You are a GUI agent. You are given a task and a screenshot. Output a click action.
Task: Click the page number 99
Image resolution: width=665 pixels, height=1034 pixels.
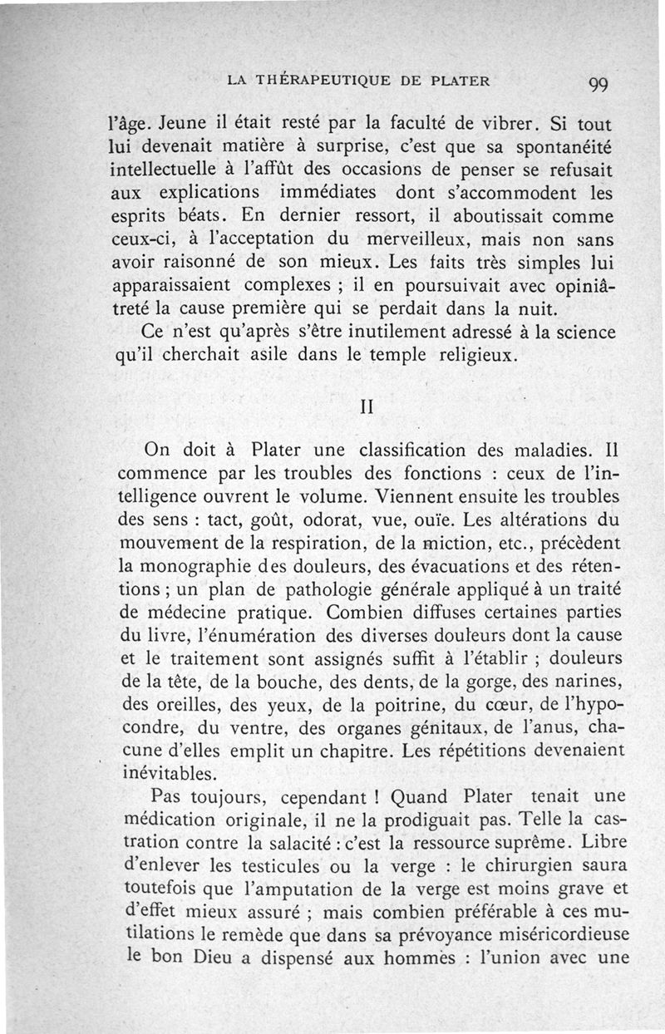click(x=598, y=84)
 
